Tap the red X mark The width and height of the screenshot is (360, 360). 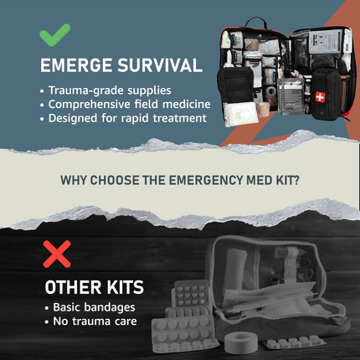(x=57, y=255)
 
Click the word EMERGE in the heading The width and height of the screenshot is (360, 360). (x=76, y=65)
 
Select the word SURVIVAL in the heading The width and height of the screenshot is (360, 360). (x=160, y=65)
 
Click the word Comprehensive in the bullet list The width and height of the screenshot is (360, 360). (x=89, y=105)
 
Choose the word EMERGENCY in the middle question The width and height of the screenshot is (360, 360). (x=206, y=180)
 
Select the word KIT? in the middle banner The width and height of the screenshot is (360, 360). (x=288, y=180)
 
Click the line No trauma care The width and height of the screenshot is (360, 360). (x=95, y=321)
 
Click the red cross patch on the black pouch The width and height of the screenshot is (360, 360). (x=320, y=97)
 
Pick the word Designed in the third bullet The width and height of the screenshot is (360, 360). (x=73, y=119)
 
